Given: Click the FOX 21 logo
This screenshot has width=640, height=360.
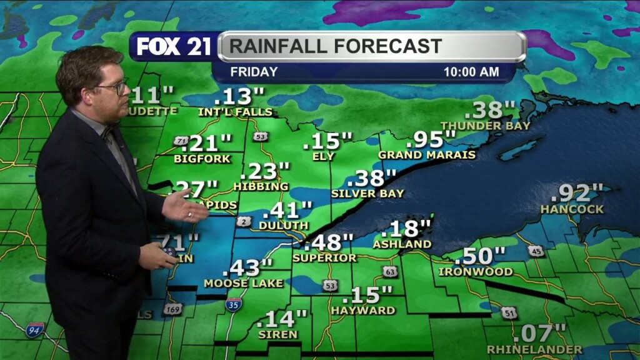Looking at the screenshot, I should pos(174,46).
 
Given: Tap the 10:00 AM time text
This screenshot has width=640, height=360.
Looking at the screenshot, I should pos(471,72).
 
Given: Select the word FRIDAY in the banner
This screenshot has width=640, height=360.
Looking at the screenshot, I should pos(254,72).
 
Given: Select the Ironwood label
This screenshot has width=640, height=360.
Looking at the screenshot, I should pos(476,272).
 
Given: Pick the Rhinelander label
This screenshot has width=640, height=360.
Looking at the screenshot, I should pos(534,349).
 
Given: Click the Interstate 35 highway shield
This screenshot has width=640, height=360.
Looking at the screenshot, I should pos(234,305).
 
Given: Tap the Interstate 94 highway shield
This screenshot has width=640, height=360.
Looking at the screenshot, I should pos(34,330).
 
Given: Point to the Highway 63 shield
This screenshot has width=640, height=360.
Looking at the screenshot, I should pos(390,271).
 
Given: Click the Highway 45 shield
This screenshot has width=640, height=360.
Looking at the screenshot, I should pos(535,251).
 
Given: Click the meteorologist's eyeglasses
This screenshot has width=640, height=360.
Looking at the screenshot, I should pos(112,87).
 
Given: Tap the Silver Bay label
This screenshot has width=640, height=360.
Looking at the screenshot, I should pos(367,194).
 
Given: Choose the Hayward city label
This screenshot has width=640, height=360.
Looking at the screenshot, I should pos(363,310).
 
